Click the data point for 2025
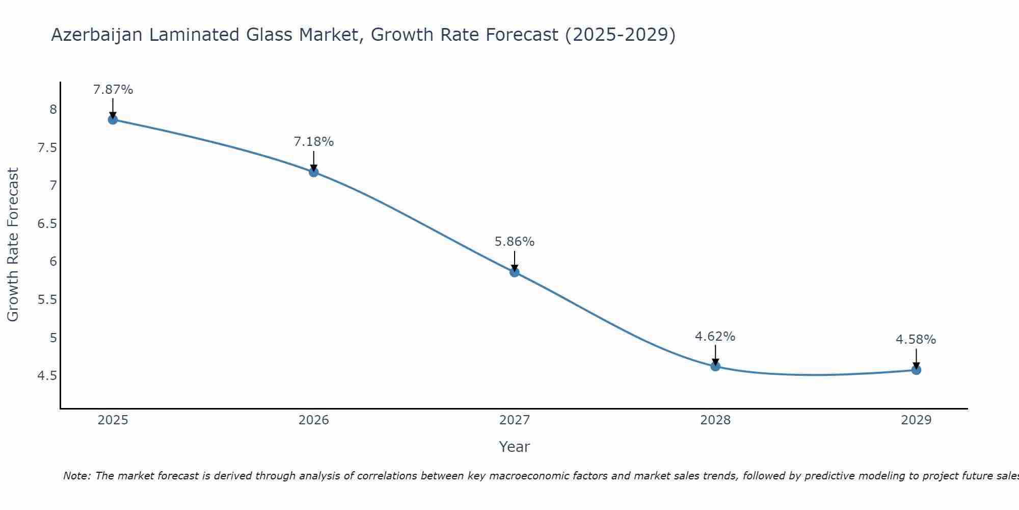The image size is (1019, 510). [113, 120]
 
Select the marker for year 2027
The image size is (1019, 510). [515, 272]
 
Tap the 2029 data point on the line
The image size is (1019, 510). [916, 370]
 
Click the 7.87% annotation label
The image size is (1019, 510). [113, 90]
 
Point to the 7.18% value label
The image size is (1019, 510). [314, 142]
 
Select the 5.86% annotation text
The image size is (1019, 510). [515, 242]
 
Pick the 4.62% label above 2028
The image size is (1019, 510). [715, 337]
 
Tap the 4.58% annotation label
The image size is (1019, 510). [916, 340]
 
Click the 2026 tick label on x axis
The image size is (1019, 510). [314, 420]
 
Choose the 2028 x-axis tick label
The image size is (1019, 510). [715, 420]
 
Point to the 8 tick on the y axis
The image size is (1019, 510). [53, 109]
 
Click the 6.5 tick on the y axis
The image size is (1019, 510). [47, 223]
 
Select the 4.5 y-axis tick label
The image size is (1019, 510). [47, 376]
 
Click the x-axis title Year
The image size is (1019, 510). [515, 447]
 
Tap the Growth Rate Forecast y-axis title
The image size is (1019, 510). [13, 244]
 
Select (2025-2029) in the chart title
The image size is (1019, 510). [620, 35]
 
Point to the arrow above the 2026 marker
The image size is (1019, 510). [314, 161]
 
